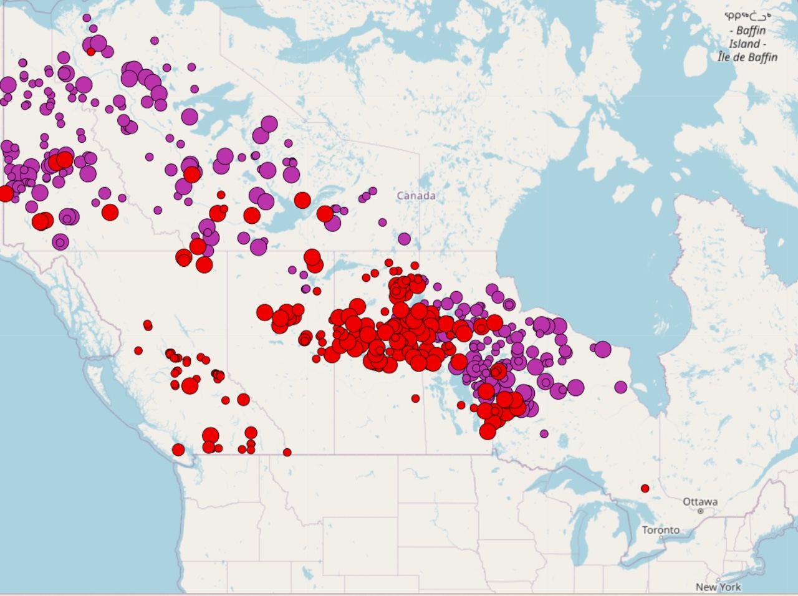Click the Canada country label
[416, 196]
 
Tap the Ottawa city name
[699, 501]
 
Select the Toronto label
[661, 530]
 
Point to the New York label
[718, 587]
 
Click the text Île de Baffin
[748, 57]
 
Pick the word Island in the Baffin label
[744, 44]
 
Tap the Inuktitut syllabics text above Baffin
[748, 17]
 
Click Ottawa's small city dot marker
[701, 511]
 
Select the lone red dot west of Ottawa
[645, 488]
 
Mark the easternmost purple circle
[620, 387]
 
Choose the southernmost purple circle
[544, 433]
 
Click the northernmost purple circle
[87, 18]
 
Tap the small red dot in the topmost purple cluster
[91, 52]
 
